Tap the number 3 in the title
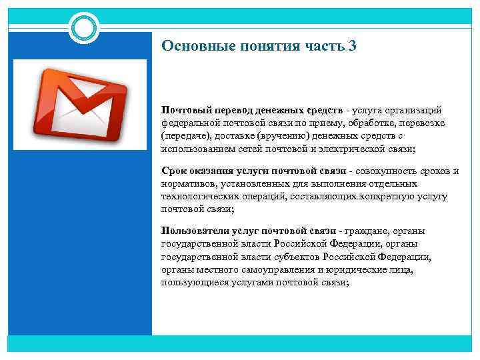[353, 46]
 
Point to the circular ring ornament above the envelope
[85, 27]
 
